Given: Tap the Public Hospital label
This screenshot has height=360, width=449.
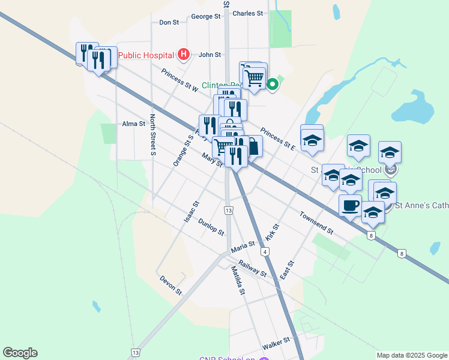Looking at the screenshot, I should [146, 56].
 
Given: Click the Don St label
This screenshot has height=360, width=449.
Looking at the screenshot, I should [169, 22].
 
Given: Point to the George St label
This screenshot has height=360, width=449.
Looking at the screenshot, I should [205, 17].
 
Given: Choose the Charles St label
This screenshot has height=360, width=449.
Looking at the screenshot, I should [247, 13].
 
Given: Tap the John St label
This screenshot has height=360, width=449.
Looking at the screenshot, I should [210, 55].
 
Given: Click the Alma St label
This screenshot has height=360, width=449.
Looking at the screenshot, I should [134, 124].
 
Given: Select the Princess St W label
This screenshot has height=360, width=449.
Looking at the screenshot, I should [179, 80].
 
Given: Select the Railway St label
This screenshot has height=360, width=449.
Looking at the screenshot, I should [252, 268].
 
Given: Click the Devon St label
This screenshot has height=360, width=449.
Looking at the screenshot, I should [170, 284].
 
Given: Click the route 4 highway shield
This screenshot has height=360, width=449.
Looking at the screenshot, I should [265, 250].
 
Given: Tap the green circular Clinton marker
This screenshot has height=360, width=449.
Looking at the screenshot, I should [273, 85].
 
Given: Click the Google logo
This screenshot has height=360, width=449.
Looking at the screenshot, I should [20, 353].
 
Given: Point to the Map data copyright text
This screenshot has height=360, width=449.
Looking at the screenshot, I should [412, 355].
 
